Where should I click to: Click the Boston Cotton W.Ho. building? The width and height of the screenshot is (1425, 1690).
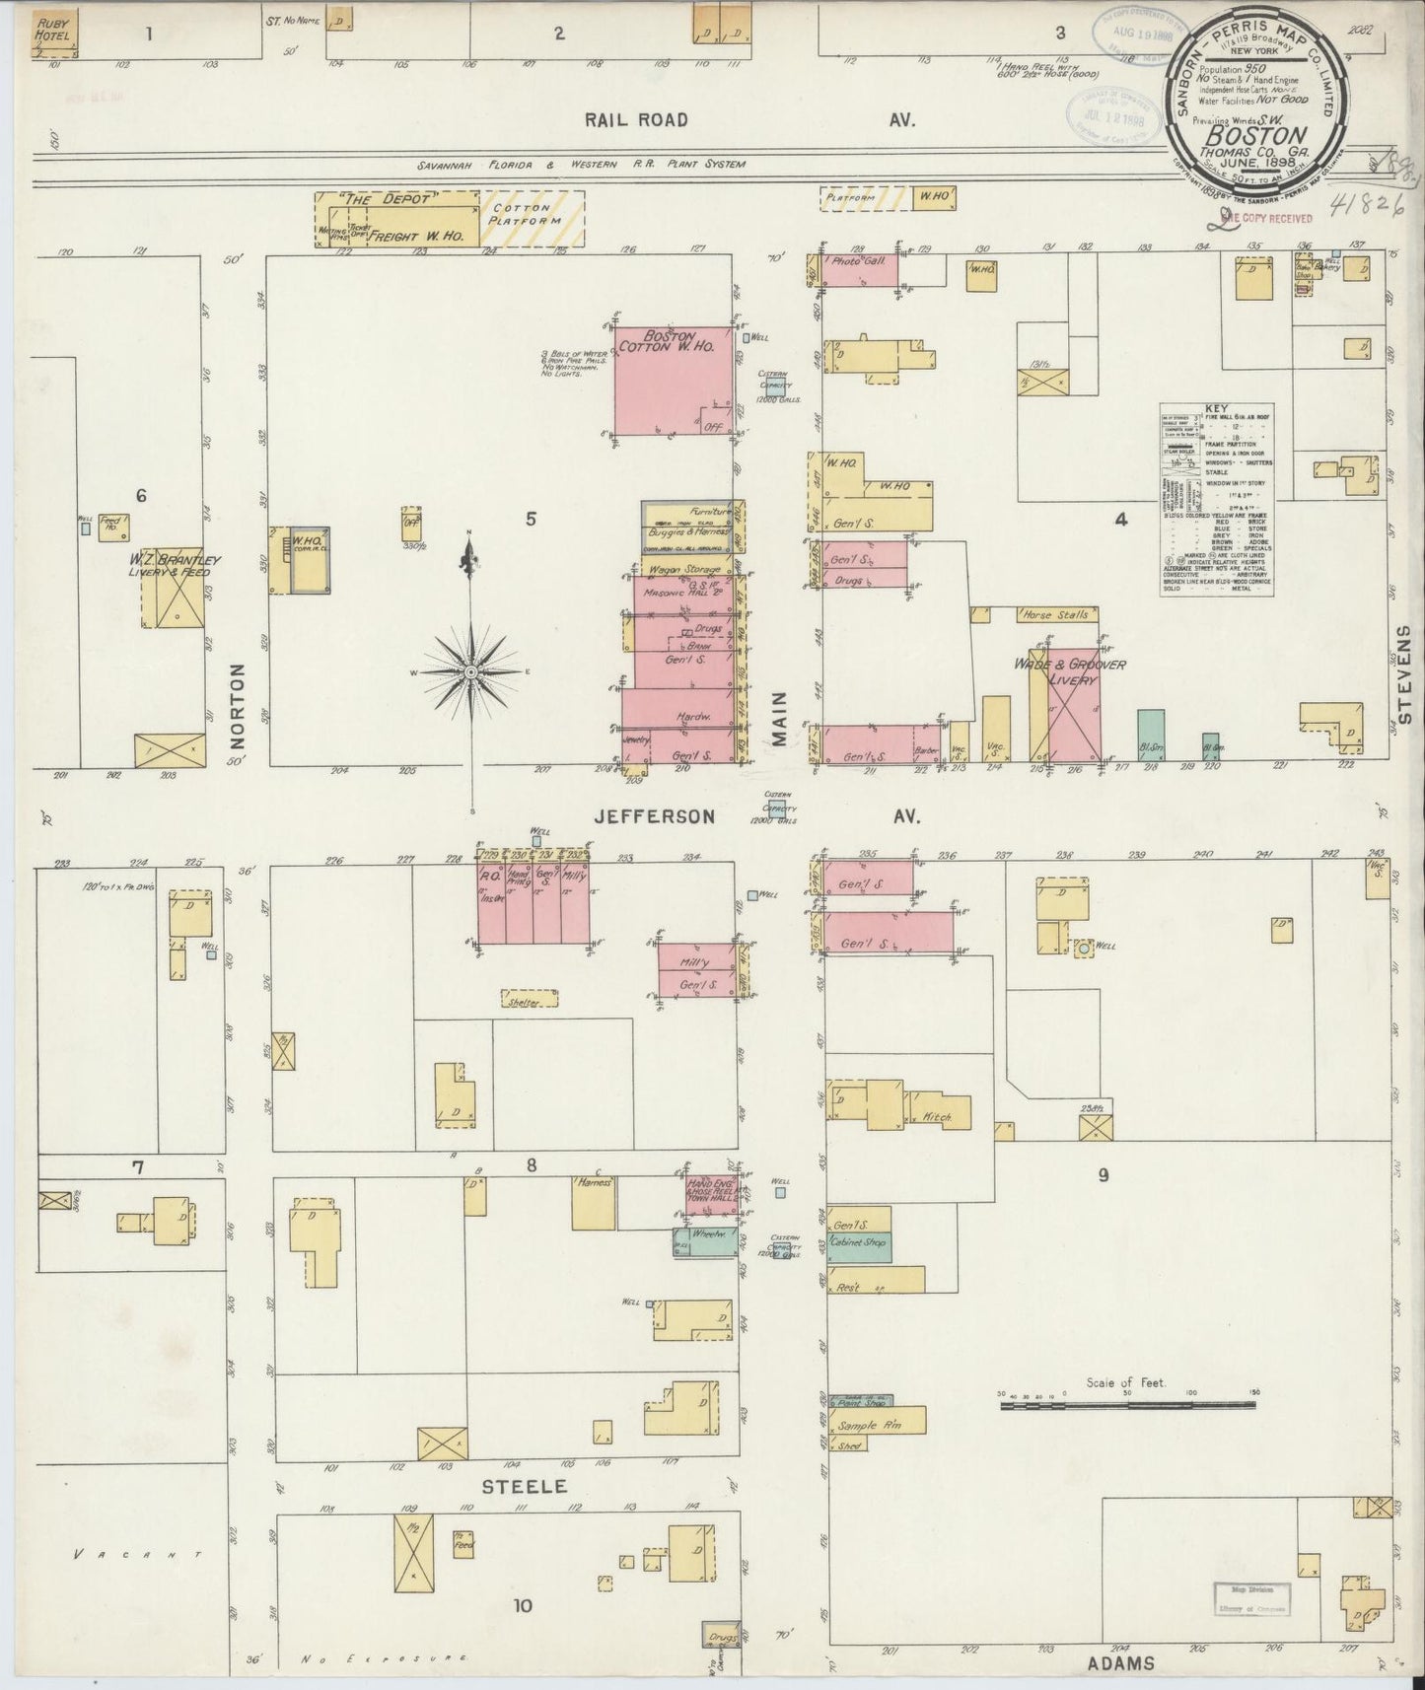pyautogui.click(x=674, y=380)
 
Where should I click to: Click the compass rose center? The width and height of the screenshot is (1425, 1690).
pyautogui.click(x=471, y=672)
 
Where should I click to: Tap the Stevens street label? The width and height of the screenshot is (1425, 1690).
pyautogui.click(x=1404, y=673)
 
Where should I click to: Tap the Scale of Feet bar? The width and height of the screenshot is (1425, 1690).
pyautogui.click(x=1127, y=1404)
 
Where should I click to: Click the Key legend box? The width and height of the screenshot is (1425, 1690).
pyautogui.click(x=1216, y=499)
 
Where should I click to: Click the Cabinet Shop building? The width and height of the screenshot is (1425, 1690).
pyautogui.click(x=858, y=1244)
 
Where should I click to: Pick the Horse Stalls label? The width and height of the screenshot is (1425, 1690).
pyautogui.click(x=1055, y=615)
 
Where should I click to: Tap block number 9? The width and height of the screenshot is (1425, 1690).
pyautogui.click(x=1103, y=1174)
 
